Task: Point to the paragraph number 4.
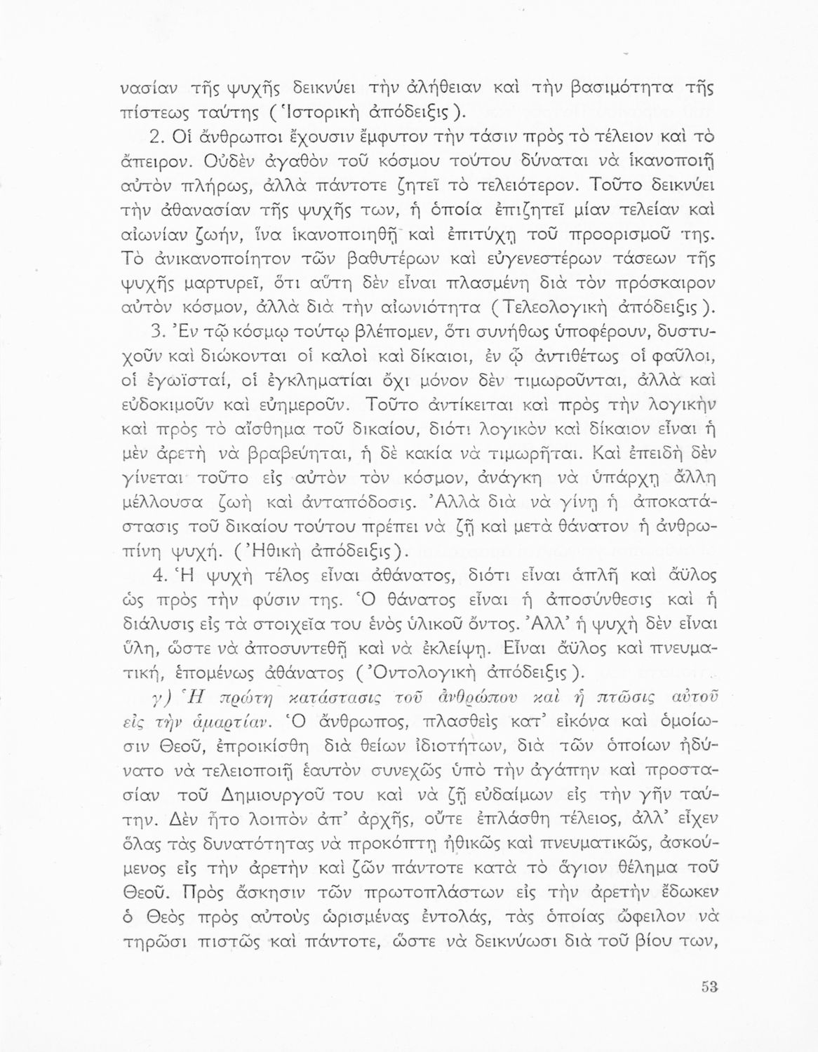159,576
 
